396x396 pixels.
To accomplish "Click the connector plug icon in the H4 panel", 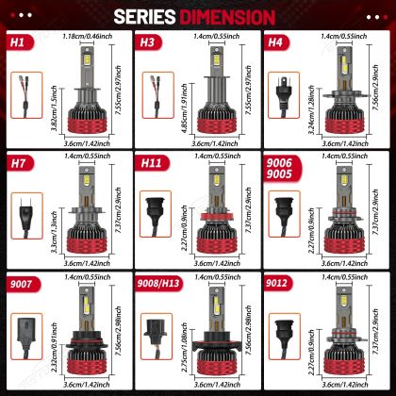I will [282, 90].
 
